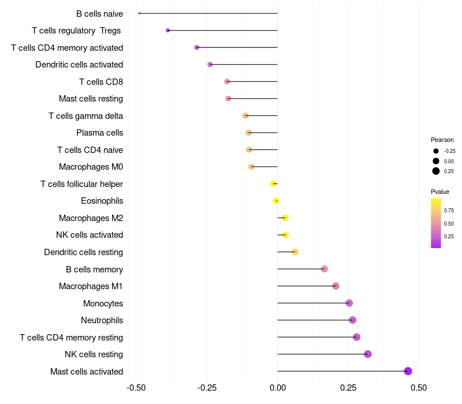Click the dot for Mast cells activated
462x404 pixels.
408,371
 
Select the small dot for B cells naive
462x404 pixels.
139,13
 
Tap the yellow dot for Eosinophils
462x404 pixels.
276,201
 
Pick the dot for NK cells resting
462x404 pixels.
368,354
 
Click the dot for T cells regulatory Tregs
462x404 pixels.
168,31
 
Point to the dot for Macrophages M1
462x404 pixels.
336,286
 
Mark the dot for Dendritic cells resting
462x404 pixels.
295,252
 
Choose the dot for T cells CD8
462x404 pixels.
227,81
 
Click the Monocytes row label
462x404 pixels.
103,304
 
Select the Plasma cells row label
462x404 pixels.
99,133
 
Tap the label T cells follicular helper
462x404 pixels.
81,184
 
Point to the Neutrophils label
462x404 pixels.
102,320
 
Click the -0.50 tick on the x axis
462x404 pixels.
136,388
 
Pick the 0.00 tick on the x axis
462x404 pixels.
278,388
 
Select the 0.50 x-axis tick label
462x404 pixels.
419,388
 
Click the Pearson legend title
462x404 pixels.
442,140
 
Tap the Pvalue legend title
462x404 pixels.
440,192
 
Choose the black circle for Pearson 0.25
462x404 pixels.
436,171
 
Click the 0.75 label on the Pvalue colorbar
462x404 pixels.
449,211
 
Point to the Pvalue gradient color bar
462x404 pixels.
436,223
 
